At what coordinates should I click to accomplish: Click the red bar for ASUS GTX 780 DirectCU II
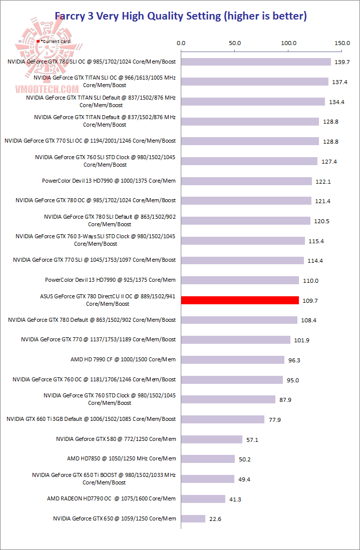240,300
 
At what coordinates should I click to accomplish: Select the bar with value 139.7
256,62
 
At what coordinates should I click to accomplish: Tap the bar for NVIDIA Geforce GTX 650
193,518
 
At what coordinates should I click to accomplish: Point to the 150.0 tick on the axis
342,44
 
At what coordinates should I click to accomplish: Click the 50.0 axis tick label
235,44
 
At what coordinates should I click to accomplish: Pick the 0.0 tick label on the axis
181,44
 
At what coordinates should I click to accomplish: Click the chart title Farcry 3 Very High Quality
180,16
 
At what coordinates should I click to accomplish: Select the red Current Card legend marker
38,41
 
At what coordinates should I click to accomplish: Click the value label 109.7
308,301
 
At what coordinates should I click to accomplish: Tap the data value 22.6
215,519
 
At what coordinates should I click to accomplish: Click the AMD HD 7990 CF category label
123,359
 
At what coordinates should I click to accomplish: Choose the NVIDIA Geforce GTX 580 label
116,439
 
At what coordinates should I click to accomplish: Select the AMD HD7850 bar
208,459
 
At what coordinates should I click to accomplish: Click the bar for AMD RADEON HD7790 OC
203,498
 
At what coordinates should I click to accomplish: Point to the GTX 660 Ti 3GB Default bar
223,419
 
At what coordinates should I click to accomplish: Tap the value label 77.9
275,420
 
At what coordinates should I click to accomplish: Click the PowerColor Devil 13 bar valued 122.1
246,181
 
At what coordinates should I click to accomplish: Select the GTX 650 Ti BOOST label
104,478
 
